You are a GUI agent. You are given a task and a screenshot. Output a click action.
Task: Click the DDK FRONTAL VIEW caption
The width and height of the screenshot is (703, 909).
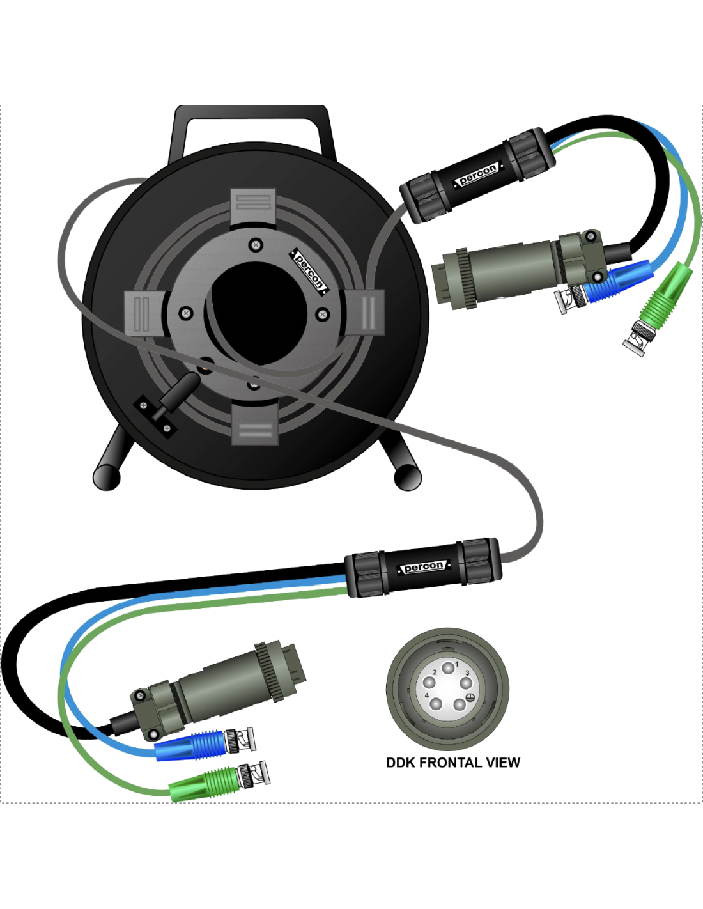(x=453, y=762)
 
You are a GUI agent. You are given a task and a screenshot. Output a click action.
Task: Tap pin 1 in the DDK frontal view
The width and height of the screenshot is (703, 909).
(x=448, y=667)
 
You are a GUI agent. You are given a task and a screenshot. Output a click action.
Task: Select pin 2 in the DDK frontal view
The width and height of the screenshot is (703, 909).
(x=429, y=683)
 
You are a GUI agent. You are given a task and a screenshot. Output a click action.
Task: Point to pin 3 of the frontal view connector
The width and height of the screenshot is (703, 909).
(x=466, y=683)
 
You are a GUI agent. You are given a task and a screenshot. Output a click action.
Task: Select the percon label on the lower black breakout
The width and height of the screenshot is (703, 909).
(x=424, y=567)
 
